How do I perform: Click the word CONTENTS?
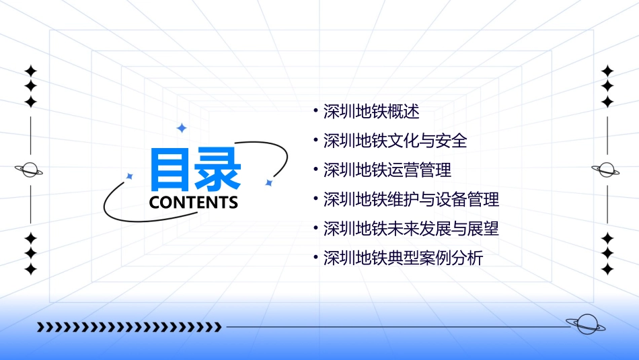tap(194, 203)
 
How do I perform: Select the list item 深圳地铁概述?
tap(371, 112)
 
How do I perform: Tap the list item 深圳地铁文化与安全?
tap(395, 141)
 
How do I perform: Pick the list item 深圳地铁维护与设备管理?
tap(411, 199)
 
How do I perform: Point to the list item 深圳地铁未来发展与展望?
tap(411, 228)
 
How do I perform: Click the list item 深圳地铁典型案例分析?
tap(403, 258)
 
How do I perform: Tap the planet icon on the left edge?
tap(30, 170)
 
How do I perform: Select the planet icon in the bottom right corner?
tap(586, 324)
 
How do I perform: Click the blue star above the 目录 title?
tap(180, 128)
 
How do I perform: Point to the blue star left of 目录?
tap(130, 176)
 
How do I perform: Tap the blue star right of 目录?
tap(268, 182)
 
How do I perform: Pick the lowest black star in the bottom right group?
tap(607, 269)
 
